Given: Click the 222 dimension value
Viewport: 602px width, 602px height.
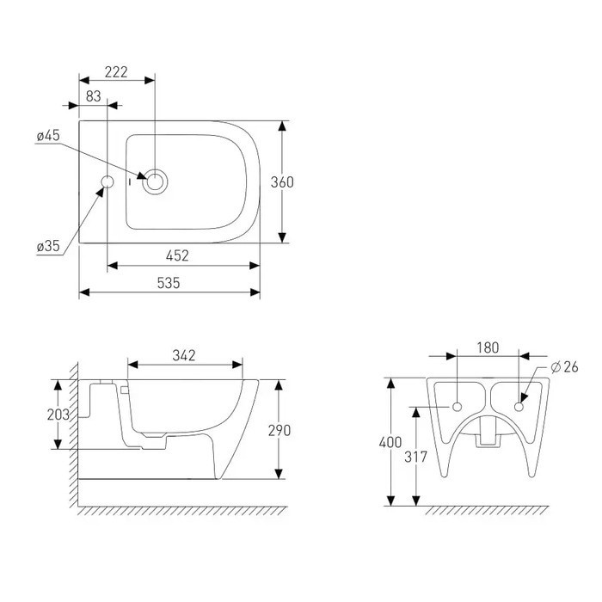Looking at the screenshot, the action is click(116, 71).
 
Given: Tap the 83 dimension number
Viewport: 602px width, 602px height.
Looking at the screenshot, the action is click(93, 96).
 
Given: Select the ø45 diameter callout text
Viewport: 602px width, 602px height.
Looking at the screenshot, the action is click(48, 135).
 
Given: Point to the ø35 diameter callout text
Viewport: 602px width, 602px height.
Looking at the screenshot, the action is click(48, 246).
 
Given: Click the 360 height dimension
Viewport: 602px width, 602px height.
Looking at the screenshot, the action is click(282, 182).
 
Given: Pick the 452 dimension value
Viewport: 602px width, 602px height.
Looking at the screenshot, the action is click(177, 255).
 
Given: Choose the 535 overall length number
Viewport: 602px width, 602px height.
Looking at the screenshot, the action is click(169, 283).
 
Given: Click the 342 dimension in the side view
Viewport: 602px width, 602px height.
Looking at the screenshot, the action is click(184, 355).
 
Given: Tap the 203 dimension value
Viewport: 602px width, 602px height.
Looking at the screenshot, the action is click(58, 415).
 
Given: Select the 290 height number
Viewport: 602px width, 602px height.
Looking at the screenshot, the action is click(279, 430).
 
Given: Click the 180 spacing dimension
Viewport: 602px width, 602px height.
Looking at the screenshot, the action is click(488, 347).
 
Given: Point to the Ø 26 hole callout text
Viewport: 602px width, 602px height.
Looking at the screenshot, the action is click(564, 367).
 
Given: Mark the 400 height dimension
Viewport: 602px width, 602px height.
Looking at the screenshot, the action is click(390, 443).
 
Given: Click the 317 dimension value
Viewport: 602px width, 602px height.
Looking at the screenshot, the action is click(415, 457).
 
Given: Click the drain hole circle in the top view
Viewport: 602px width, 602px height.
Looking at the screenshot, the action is click(155, 182).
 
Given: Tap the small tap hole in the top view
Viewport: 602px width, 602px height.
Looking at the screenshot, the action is click(107, 182).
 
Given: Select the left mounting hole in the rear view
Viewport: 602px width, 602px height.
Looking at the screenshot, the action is click(458, 407).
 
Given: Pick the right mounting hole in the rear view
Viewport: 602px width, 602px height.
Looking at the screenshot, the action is click(519, 407).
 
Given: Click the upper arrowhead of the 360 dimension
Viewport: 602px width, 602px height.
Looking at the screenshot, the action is click(282, 126).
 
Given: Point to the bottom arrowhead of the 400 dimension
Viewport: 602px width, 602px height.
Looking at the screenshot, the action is click(390, 501).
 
